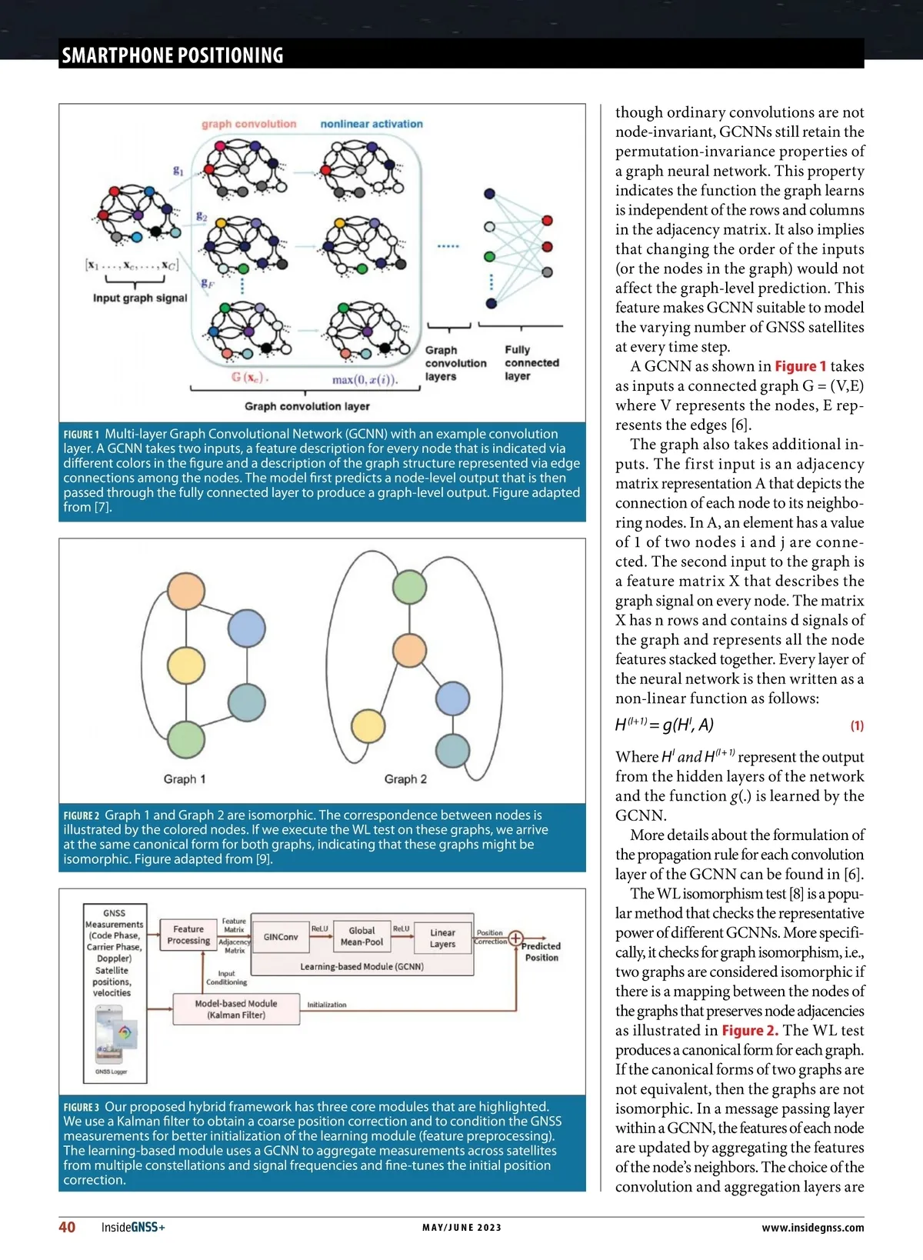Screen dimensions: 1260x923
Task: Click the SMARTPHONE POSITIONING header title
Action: [172, 55]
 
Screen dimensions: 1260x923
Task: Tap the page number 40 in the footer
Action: [67, 1227]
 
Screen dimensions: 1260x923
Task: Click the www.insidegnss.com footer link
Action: [812, 1228]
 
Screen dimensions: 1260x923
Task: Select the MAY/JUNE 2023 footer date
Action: [461, 1228]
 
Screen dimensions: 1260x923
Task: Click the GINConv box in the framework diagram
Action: [281, 937]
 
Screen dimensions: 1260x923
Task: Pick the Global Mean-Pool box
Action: [362, 936]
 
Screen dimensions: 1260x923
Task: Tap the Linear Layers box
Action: [442, 938]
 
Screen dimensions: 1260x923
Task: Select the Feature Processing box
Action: [188, 935]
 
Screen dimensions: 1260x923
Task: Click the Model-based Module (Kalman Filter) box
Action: [236, 1009]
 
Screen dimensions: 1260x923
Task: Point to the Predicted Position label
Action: [541, 952]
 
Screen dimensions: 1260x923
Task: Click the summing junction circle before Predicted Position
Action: [515, 938]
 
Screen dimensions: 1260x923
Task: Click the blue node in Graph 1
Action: [247, 628]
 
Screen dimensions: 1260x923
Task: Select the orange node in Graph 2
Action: [409, 651]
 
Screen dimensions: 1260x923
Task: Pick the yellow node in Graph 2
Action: [368, 725]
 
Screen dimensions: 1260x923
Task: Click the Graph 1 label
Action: [185, 779]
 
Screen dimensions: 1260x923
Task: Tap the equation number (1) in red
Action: [857, 725]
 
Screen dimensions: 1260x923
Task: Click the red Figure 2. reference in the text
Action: [750, 1031]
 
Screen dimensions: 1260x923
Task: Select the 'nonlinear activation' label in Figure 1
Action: [372, 124]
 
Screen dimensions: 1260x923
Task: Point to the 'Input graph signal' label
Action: [140, 298]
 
